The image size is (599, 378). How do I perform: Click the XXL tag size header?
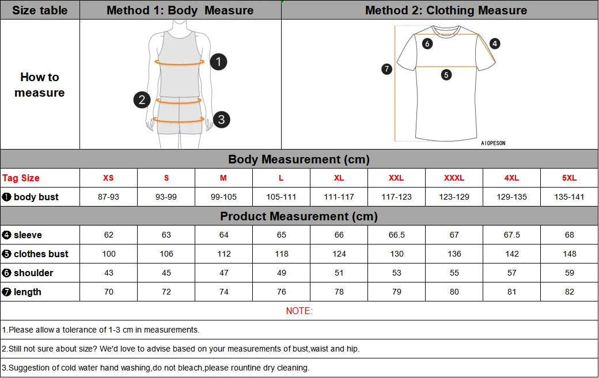point(396,178)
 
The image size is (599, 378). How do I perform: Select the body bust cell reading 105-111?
point(281,197)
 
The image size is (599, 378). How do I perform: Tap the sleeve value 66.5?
point(396,235)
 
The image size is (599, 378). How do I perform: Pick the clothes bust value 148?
point(569,254)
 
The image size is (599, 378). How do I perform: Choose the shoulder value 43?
point(108,273)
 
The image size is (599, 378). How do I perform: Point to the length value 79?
point(396,292)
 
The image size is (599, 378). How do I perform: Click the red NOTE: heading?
point(299,311)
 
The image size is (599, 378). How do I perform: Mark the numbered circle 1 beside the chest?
point(218,62)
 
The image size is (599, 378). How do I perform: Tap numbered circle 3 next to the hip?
point(221,120)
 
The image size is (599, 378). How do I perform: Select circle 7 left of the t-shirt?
point(387,69)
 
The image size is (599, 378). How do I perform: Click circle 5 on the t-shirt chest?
point(446,74)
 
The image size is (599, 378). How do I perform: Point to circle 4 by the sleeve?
point(495,44)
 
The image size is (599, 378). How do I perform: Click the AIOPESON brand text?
point(493,143)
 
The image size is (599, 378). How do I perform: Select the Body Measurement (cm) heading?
point(299,159)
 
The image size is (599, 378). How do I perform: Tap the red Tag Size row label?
point(21,178)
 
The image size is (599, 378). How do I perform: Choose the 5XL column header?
point(569,178)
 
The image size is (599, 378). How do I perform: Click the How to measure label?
point(40,85)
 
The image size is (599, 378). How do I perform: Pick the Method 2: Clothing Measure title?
point(446,10)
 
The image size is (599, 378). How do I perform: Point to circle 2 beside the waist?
point(142,100)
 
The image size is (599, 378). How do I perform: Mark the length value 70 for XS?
point(108,292)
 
